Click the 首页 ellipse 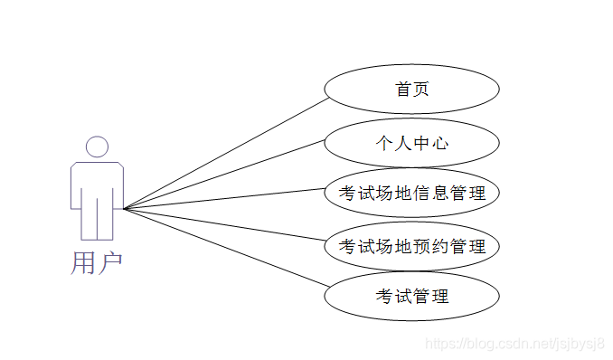coord(411,90)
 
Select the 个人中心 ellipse coord(411,142)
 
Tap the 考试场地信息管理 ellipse coord(411,193)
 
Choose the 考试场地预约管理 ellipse coord(411,246)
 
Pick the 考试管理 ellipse coord(411,296)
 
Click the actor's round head coord(97,147)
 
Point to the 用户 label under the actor coord(96,262)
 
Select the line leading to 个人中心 coord(226,175)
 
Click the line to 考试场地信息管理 coord(226,200)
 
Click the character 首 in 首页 coord(402,90)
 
